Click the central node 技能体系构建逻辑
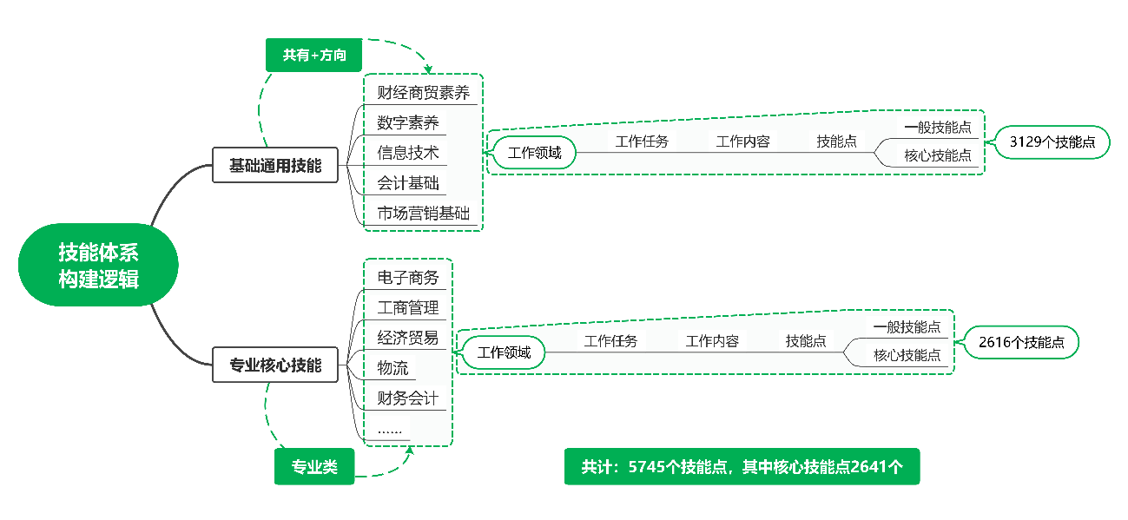pos(98,266)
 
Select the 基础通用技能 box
pos(275,165)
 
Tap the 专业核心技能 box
pos(275,365)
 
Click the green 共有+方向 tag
pos(313,55)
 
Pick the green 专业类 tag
pos(314,467)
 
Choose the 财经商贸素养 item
pos(423,92)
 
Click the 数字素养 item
pos(406,122)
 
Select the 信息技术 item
pos(407,153)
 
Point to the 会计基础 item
pos(407,183)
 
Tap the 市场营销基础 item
pos(423,214)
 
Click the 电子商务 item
pos(407,278)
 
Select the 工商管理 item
pos(407,307)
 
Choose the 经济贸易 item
pos(407,338)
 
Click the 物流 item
pos(392,368)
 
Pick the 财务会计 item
pos(407,398)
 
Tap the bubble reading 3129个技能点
pos(1052,142)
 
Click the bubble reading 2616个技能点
pos(1021,342)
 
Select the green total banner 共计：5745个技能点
pos(742,467)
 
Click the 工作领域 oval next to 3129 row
pos(535,154)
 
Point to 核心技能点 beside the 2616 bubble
pos(907,355)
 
